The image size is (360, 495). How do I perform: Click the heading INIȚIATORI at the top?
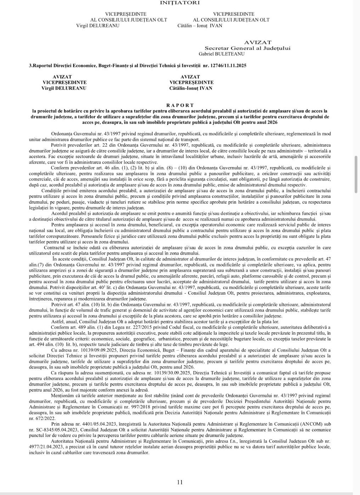(180, 3)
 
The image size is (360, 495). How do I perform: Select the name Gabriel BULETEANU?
(221, 54)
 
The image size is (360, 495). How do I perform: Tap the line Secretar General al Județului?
(247, 48)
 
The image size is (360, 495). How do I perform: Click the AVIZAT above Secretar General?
(258, 42)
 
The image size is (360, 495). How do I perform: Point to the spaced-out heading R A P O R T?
(180, 105)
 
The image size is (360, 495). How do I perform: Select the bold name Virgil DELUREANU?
(64, 88)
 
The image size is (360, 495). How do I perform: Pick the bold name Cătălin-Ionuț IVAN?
(191, 88)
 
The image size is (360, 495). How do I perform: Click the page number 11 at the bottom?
(180, 482)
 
